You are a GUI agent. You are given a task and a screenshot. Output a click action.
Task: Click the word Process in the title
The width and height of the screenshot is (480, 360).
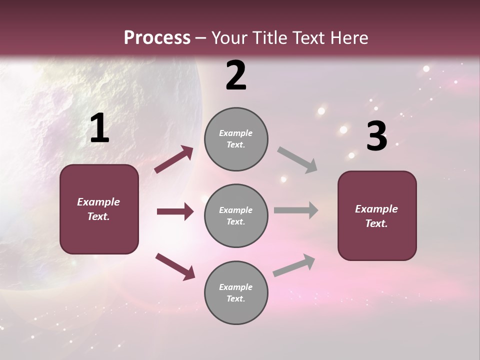[157, 38]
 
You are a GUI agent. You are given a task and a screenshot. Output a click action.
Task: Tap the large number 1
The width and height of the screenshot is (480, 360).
[99, 128]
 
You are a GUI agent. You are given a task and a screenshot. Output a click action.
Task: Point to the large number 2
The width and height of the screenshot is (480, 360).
[236, 75]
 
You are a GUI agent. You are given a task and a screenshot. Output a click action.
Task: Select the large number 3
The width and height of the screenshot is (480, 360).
[376, 136]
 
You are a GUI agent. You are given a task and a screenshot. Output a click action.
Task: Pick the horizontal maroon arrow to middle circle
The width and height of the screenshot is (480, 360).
[175, 211]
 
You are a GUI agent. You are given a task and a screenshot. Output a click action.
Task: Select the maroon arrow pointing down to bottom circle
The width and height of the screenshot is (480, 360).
[175, 266]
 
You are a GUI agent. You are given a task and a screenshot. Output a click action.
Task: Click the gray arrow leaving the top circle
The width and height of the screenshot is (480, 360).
[297, 160]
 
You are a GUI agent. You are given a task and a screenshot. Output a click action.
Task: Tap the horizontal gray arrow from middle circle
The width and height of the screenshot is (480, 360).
[296, 210]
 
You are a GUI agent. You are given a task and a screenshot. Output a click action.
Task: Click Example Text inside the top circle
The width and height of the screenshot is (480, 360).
[236, 139]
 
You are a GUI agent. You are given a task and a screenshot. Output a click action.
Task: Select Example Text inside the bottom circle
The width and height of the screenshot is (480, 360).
[236, 293]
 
